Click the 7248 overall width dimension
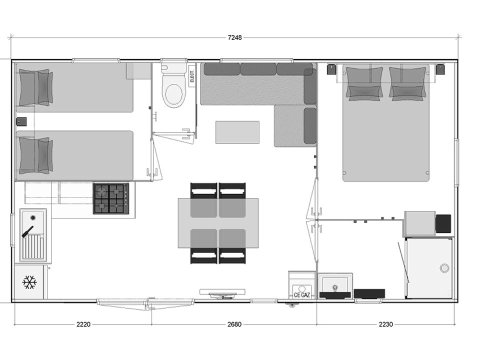pos(235,37)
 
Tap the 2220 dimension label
pos(83,324)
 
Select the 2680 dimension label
pos(234,324)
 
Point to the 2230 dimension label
pos(385,324)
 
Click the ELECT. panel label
pos(192,76)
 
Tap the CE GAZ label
pos(302,295)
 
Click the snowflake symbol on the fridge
pos(29,282)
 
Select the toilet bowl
pos(174,90)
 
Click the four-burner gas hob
pos(111,198)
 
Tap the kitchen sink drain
pos(33,217)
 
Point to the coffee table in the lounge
pos(237,132)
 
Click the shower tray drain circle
pos(444,268)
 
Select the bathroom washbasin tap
pos(335,288)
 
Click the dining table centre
pos(218,223)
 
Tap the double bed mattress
pos(385,123)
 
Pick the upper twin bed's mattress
pos(74,87)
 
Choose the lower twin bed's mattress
pos(74,155)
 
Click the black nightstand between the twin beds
pos(21,121)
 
